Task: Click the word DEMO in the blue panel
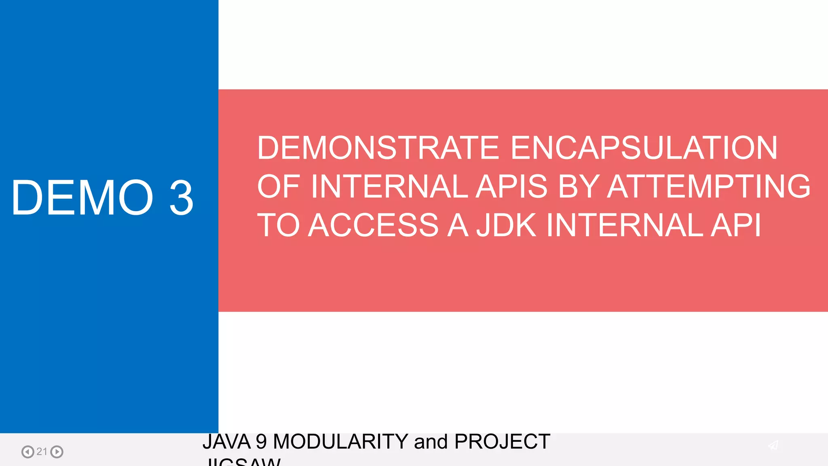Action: pos(82,198)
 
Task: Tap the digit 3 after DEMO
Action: pos(182,198)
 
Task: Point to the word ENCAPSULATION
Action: pos(644,148)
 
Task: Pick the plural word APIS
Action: pos(511,186)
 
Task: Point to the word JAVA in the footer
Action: pos(226,441)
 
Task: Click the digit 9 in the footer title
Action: pos(262,441)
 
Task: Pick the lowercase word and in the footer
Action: pos(431,441)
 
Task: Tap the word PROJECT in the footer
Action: pos(502,441)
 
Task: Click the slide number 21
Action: pos(42,451)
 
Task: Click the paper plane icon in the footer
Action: pos(773,445)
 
